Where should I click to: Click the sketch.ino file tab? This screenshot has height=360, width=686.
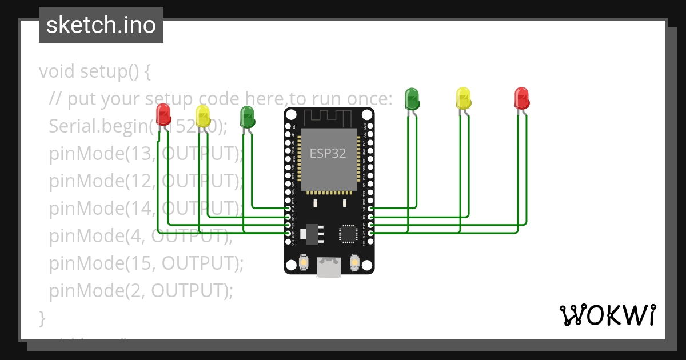point(101,25)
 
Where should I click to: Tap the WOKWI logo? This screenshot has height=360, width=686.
point(607,315)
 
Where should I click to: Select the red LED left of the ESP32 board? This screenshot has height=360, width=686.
point(163,114)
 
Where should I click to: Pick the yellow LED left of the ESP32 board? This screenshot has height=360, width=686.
point(203,116)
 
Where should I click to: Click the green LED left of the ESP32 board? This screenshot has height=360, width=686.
point(247,117)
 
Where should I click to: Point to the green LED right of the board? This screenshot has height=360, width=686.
point(412,99)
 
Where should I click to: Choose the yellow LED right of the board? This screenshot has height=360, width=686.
point(463,98)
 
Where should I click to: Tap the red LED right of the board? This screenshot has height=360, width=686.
point(521,98)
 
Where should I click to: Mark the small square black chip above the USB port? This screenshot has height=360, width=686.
point(348,233)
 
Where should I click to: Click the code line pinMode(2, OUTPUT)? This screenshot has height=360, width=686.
point(141,290)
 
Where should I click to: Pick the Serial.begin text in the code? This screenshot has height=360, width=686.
point(100,126)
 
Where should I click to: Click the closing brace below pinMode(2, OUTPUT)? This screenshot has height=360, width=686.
point(42,317)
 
